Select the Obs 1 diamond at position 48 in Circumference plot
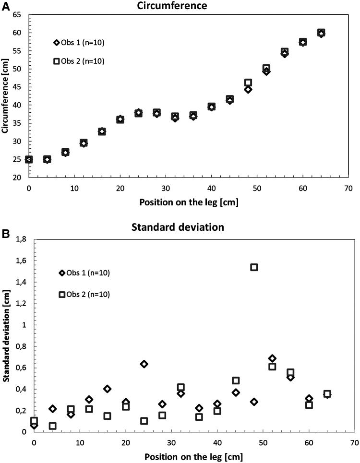click(x=248, y=89)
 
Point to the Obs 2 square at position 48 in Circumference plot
click(x=248, y=83)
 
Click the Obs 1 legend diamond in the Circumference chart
click(x=56, y=43)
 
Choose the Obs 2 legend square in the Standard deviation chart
click(x=62, y=295)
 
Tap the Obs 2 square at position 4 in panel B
click(x=52, y=426)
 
